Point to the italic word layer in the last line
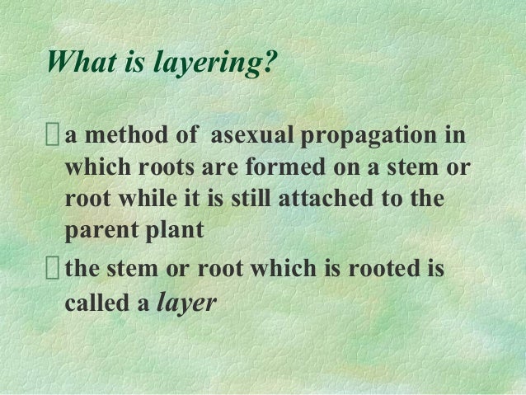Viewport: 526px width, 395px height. click(186, 303)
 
